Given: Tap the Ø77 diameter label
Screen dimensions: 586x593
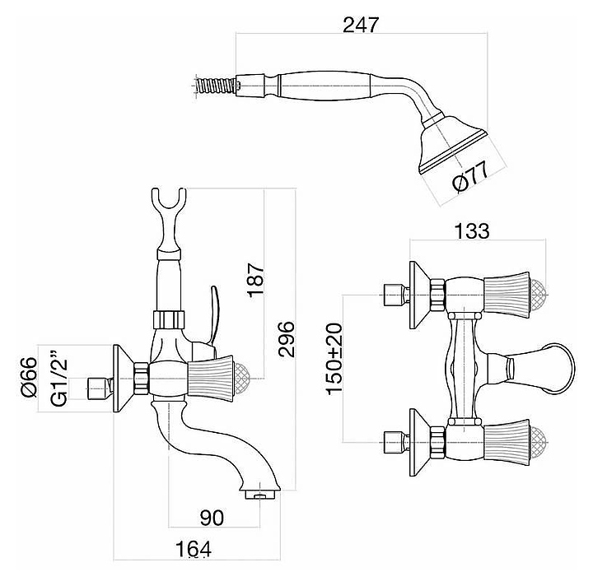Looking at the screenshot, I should (x=471, y=174).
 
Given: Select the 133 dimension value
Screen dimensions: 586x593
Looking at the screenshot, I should (x=471, y=231).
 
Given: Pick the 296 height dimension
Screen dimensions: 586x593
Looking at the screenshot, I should (x=286, y=337).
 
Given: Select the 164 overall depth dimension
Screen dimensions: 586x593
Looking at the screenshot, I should (x=194, y=548).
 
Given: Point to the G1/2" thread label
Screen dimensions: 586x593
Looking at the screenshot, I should (x=59, y=378).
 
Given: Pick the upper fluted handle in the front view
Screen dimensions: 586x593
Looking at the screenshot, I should (x=506, y=293).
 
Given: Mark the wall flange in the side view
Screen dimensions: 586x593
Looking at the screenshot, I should (x=121, y=378).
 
